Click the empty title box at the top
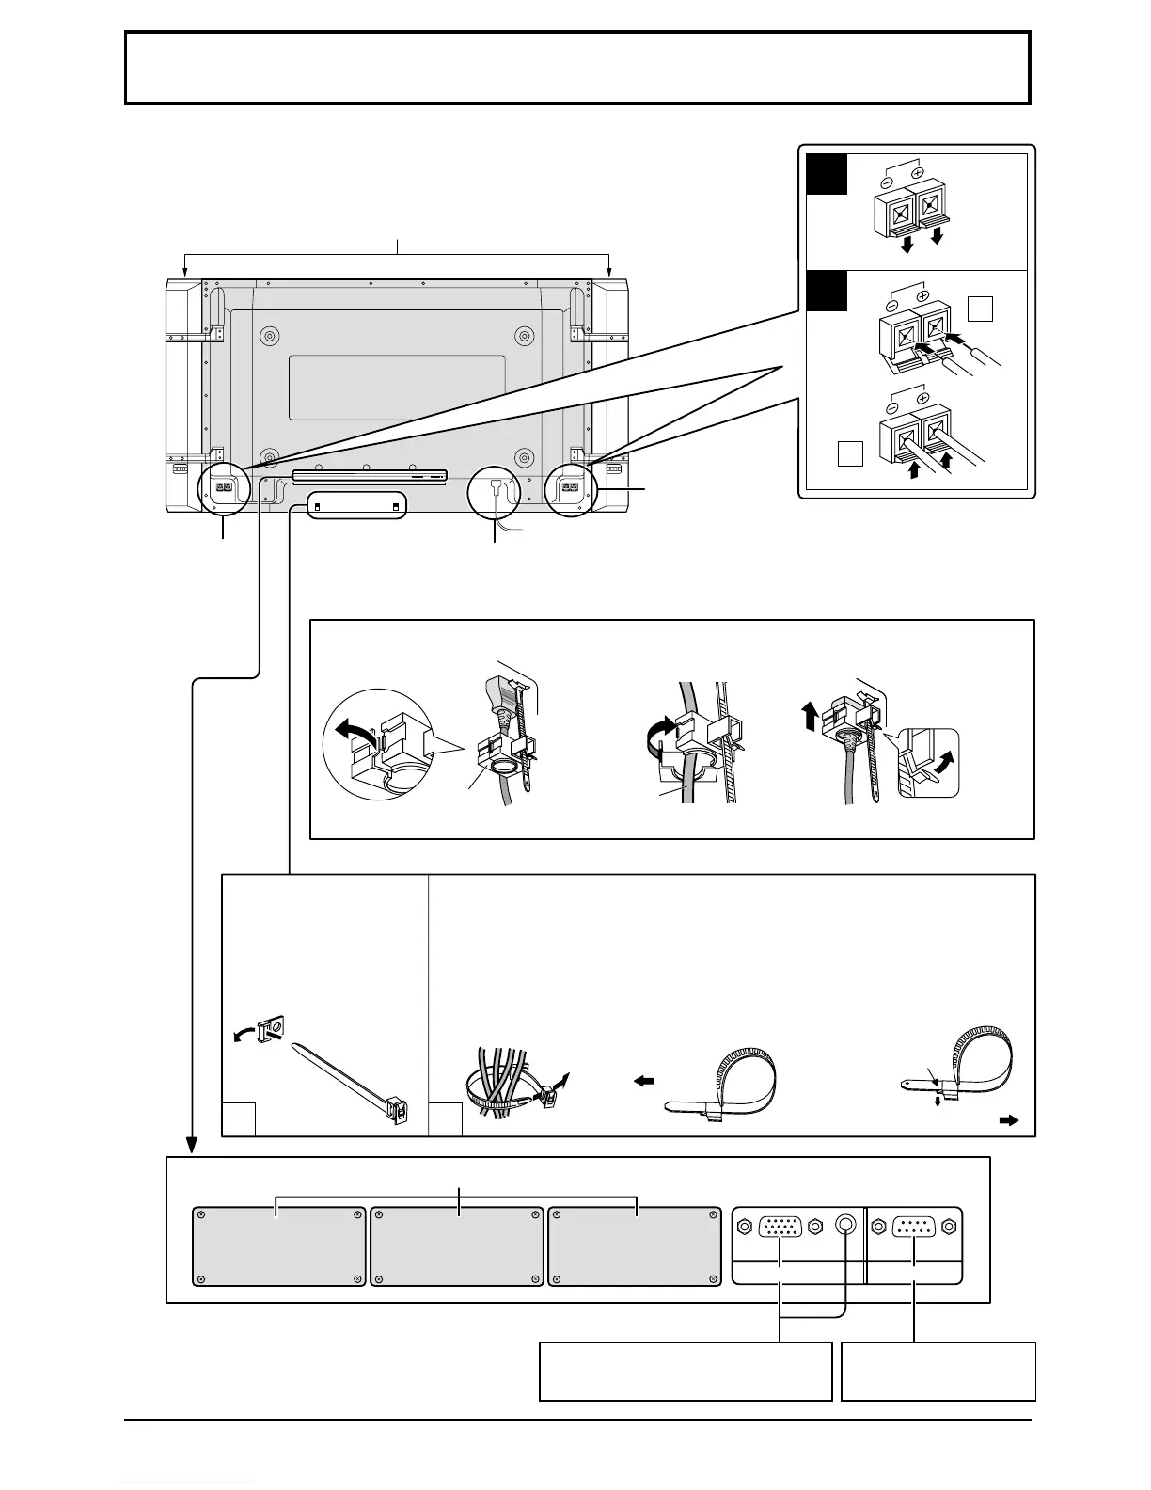click(577, 68)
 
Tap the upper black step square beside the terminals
click(827, 174)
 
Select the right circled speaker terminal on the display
click(570, 488)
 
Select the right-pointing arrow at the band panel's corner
click(1007, 1121)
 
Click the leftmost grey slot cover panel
click(278, 1246)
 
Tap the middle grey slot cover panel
click(457, 1246)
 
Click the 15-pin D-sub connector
click(780, 1227)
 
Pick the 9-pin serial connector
click(914, 1227)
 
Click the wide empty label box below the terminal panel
click(686, 1371)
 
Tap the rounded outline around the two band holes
click(355, 506)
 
